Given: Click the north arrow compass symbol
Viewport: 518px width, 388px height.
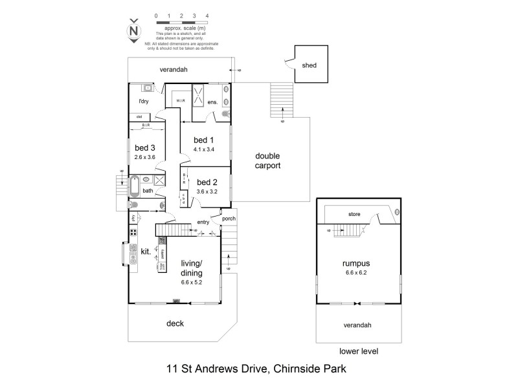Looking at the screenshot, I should click(134, 30).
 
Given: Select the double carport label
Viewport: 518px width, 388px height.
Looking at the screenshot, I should click(267, 160).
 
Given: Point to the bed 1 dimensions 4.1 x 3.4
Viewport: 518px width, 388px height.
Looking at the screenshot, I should click(203, 149).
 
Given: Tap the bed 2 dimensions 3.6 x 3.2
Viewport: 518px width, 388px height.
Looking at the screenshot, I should click(208, 191).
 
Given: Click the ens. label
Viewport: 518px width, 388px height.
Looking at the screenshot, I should click(212, 103).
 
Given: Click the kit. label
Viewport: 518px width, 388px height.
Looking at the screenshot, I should click(146, 251).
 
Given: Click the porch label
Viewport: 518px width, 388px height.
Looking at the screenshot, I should click(229, 218).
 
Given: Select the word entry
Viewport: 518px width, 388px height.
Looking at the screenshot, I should click(203, 222).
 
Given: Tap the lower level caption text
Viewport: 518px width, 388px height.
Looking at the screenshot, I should click(358, 351).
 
